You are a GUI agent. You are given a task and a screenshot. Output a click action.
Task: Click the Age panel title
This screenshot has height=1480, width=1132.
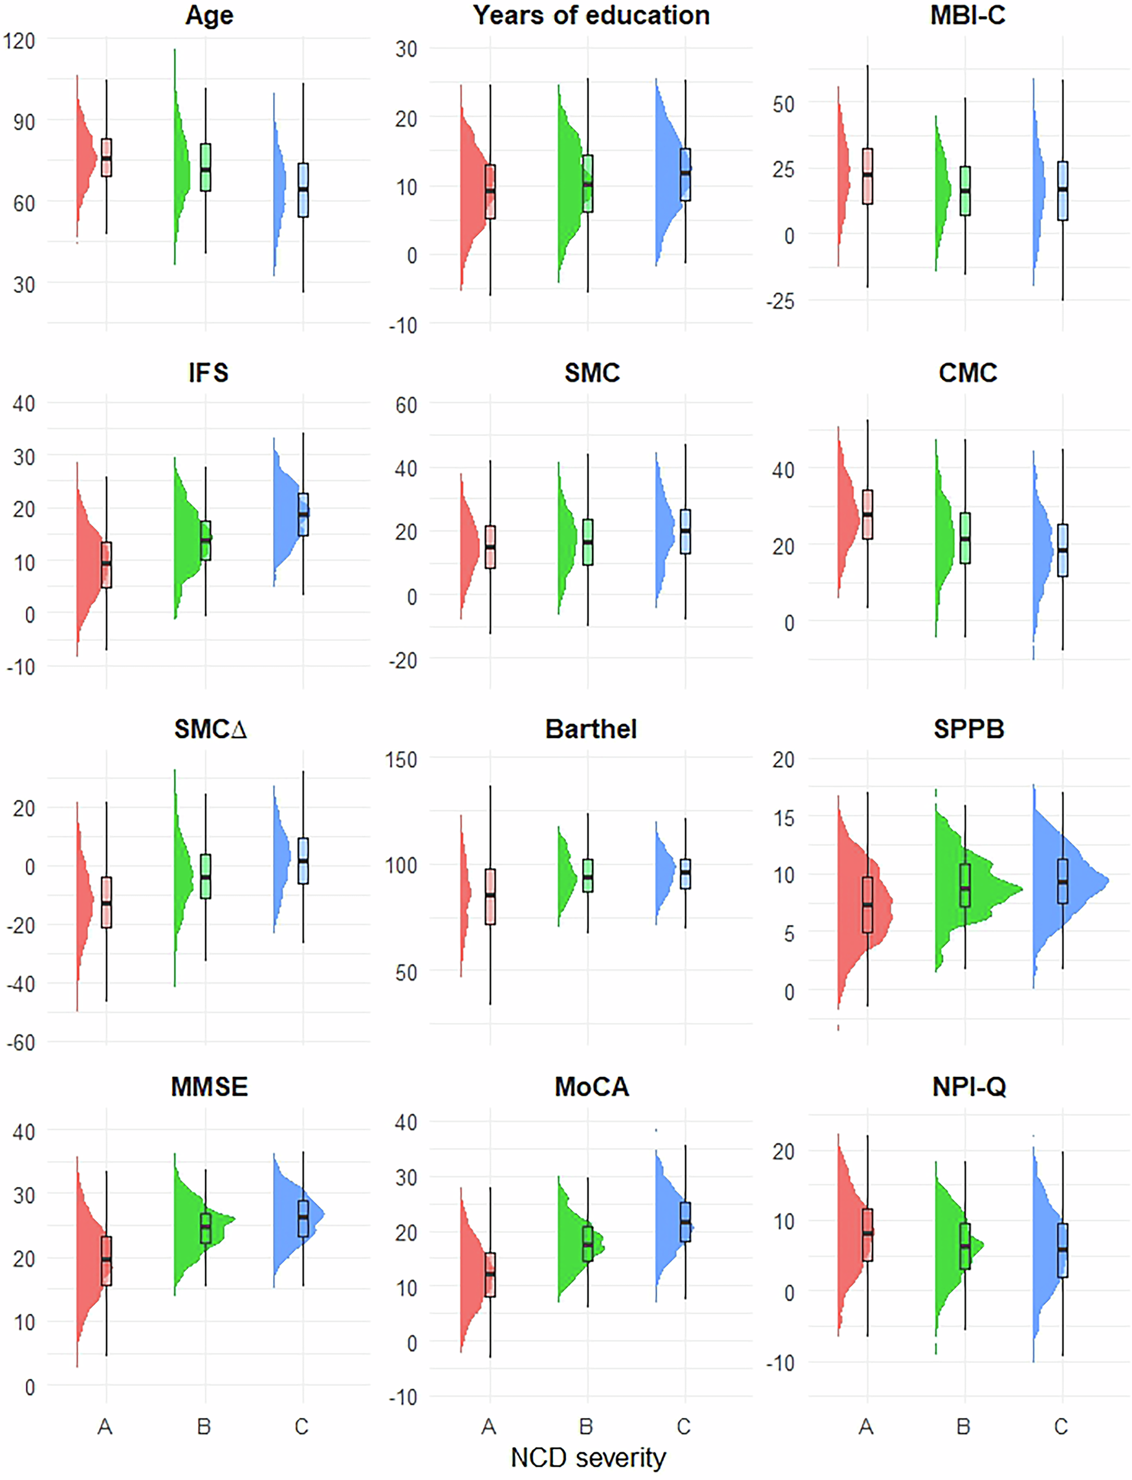tap(209, 15)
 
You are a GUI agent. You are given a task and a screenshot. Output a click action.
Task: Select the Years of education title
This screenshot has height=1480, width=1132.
tap(591, 15)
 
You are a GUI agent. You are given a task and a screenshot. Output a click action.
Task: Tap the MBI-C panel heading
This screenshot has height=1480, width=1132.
tap(968, 15)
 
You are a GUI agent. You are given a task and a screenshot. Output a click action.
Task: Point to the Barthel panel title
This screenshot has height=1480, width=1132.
tap(591, 729)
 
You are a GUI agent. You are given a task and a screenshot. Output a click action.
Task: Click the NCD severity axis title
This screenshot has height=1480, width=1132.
tap(587, 1457)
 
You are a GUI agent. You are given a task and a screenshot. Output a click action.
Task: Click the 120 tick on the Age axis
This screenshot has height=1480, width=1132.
tap(19, 41)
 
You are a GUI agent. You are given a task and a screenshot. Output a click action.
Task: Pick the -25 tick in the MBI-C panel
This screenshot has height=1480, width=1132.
tap(779, 301)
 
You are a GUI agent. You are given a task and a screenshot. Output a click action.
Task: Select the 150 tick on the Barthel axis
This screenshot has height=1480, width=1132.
tap(401, 760)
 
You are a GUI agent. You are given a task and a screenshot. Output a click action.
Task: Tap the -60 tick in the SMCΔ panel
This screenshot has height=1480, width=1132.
tap(21, 1043)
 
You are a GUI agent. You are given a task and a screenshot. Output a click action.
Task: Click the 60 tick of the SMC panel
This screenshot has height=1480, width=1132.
tap(406, 405)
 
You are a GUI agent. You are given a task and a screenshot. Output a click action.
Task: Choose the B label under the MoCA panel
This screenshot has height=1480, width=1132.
tap(586, 1426)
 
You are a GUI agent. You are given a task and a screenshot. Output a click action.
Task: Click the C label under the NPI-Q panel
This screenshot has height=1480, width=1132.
tap(1061, 1426)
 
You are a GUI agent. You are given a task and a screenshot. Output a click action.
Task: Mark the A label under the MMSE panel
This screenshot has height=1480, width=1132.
tap(104, 1426)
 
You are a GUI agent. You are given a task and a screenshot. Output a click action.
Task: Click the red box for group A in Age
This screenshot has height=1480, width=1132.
tap(107, 158)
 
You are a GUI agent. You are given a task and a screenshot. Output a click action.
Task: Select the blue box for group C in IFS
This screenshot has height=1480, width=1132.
tap(303, 514)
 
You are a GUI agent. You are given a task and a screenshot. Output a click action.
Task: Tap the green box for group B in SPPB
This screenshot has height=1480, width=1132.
tap(965, 885)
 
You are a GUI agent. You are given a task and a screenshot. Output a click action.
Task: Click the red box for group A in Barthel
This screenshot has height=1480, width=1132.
tap(490, 896)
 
